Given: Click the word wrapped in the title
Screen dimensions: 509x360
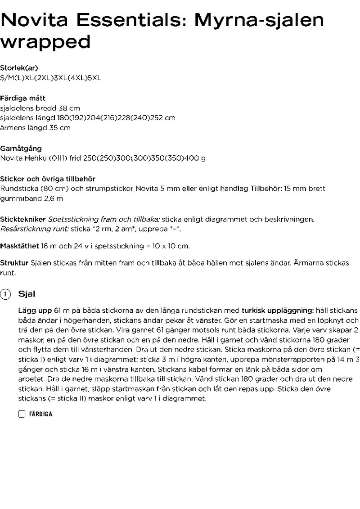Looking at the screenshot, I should pos(45,42).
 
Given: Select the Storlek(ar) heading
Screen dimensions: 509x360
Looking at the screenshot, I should pos(19,68).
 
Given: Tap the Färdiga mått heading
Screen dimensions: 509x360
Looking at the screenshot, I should pos(23,98).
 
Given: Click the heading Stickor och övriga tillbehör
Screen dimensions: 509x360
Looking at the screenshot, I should pos(48,179).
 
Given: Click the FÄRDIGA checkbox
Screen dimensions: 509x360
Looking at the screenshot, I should pos(22,414).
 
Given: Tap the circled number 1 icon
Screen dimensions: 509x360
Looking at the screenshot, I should pos(5,294).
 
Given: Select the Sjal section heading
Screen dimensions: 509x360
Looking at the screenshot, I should pos(27,294).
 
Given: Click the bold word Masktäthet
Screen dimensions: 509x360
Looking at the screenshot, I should pos(19,246).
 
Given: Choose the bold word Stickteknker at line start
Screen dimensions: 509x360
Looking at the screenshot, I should pos(22,219).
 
